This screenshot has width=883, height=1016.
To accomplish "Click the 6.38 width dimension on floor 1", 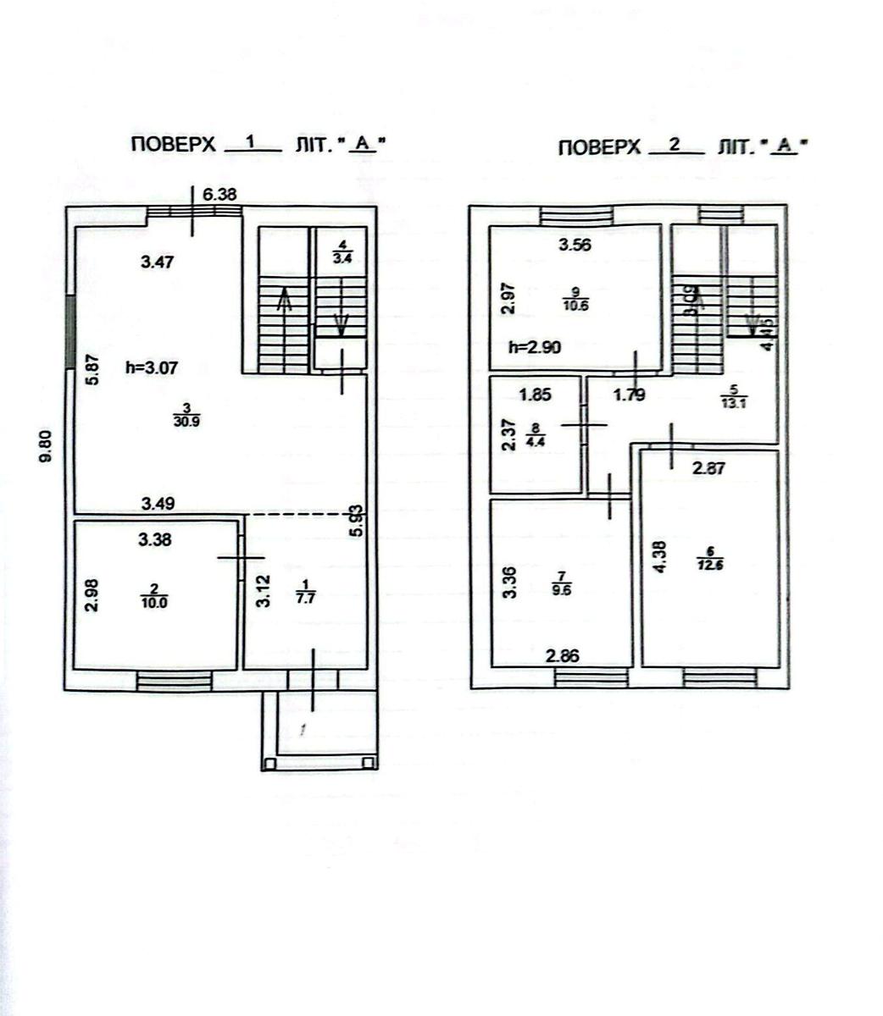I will [x=219, y=194].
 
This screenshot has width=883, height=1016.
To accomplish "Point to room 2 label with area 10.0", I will [x=153, y=595].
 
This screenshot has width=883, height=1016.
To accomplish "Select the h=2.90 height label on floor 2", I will [x=535, y=347].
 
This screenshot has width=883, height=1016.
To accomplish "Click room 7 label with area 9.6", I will [x=560, y=585].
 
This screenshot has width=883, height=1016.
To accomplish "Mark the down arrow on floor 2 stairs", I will [x=749, y=323].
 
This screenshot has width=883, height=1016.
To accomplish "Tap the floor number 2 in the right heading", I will [x=675, y=145].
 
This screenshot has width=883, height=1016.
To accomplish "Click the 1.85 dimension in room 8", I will [x=535, y=395].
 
